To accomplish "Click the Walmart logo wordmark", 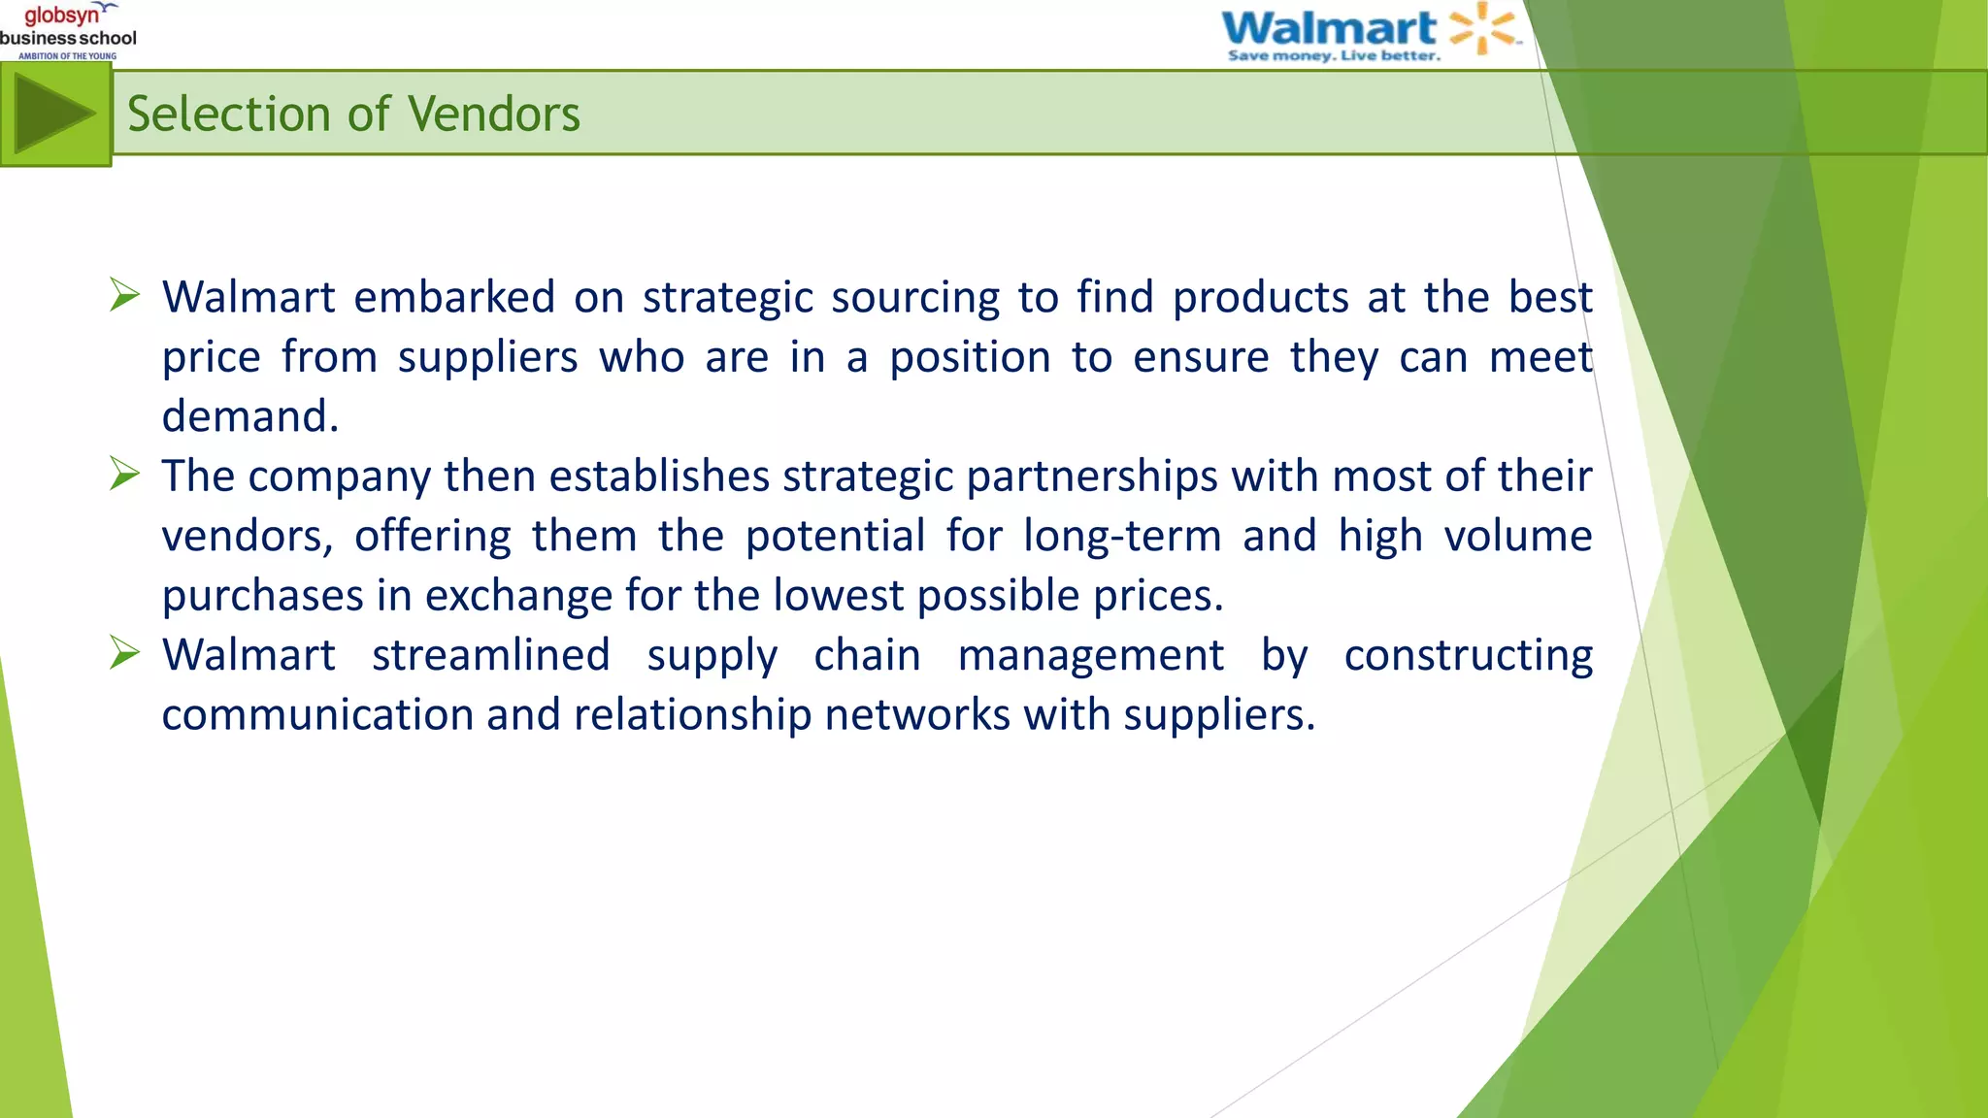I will pyautogui.click(x=1328, y=27).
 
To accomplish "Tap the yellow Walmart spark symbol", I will pyautogui.click(x=1482, y=27).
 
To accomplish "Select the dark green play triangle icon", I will pyautogui.click(x=53, y=115).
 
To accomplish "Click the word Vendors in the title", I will pyautogui.click(x=494, y=115).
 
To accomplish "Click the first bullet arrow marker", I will pyautogui.click(x=125, y=294).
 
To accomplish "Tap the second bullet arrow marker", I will pyautogui.click(x=125, y=474).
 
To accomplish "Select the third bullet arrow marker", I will pyautogui.click(x=125, y=652).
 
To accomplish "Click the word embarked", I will pyautogui.click(x=454, y=297).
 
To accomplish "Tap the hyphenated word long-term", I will pyautogui.click(x=1122, y=537).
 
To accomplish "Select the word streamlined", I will pyautogui.click(x=491, y=655).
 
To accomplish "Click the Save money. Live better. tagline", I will pyautogui.click(x=1334, y=56).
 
